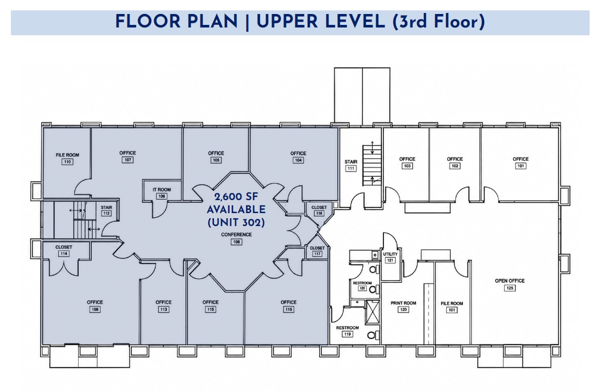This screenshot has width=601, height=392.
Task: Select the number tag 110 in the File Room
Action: coord(67,162)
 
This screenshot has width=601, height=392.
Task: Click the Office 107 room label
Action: coord(127,156)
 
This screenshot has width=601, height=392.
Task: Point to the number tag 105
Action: coord(216,160)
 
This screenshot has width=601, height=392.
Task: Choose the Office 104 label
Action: coord(298,157)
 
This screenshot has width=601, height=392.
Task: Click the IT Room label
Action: coord(162,193)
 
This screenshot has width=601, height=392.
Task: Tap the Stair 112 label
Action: coord(106,211)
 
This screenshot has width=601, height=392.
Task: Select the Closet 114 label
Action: coord(64,250)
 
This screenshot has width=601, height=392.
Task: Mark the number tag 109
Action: coord(95,309)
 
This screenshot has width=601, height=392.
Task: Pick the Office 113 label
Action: coord(163,306)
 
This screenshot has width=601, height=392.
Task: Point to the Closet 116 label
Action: coord(319,211)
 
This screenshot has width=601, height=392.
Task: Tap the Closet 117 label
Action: coord(317,251)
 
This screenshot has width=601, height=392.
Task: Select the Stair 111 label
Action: coord(351,165)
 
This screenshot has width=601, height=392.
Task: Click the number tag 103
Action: coord(407,166)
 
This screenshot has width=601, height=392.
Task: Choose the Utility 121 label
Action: coord(390,257)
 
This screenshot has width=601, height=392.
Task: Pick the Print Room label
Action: coord(403,306)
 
